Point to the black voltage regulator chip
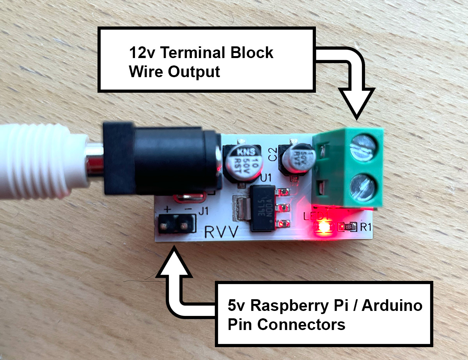[262, 208]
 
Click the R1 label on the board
[365, 227]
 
